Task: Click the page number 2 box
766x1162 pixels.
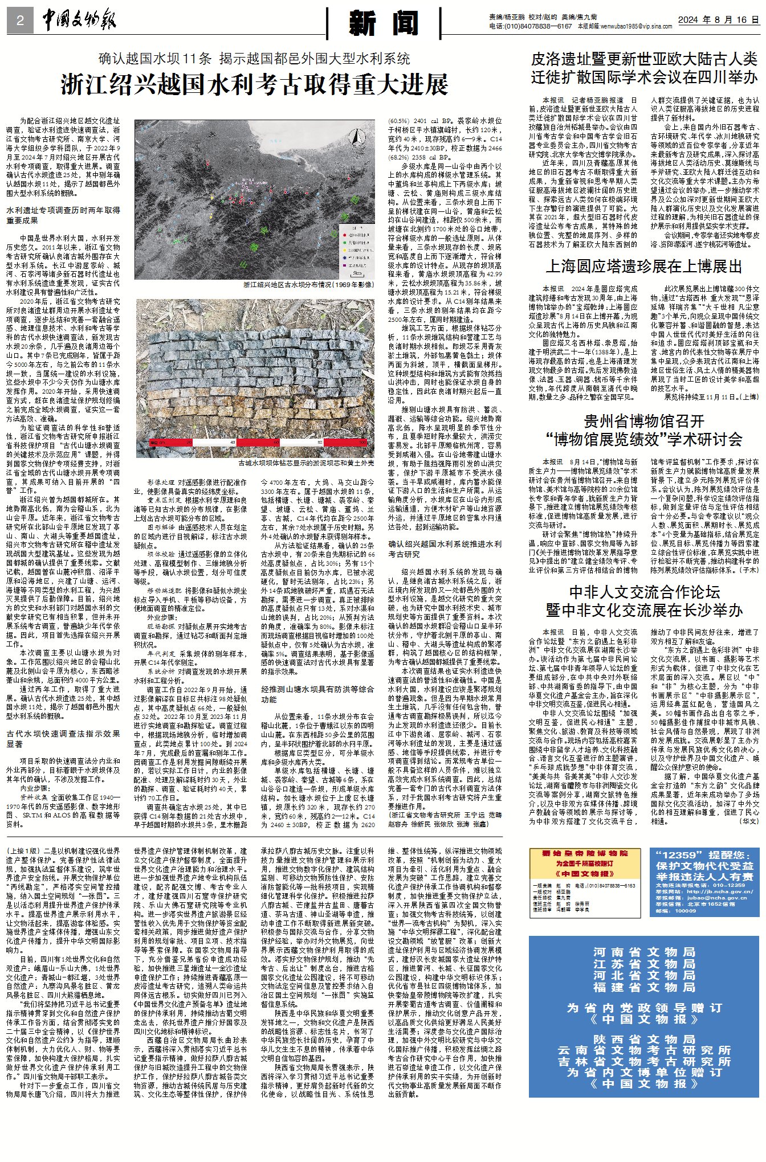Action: click(x=21, y=21)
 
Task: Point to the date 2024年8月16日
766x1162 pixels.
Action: click(x=718, y=20)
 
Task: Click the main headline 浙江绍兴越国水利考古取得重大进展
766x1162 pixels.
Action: click(x=254, y=85)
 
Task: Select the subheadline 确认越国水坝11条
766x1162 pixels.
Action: click(x=155, y=59)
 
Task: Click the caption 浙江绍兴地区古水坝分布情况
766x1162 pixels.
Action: click(x=308, y=284)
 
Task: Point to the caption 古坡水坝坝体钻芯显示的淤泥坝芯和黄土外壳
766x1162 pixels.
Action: click(x=306, y=463)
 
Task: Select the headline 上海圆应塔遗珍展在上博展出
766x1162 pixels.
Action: click(x=644, y=267)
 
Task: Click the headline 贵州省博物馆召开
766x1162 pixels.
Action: click(x=644, y=422)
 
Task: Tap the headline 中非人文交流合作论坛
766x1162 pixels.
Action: click(x=644, y=592)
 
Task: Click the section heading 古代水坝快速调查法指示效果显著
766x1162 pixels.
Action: click(x=63, y=739)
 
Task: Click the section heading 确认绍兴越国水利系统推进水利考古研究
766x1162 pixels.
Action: click(x=445, y=549)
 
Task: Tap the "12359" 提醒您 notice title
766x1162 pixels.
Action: click(x=704, y=855)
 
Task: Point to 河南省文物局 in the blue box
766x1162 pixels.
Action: click(x=644, y=952)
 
